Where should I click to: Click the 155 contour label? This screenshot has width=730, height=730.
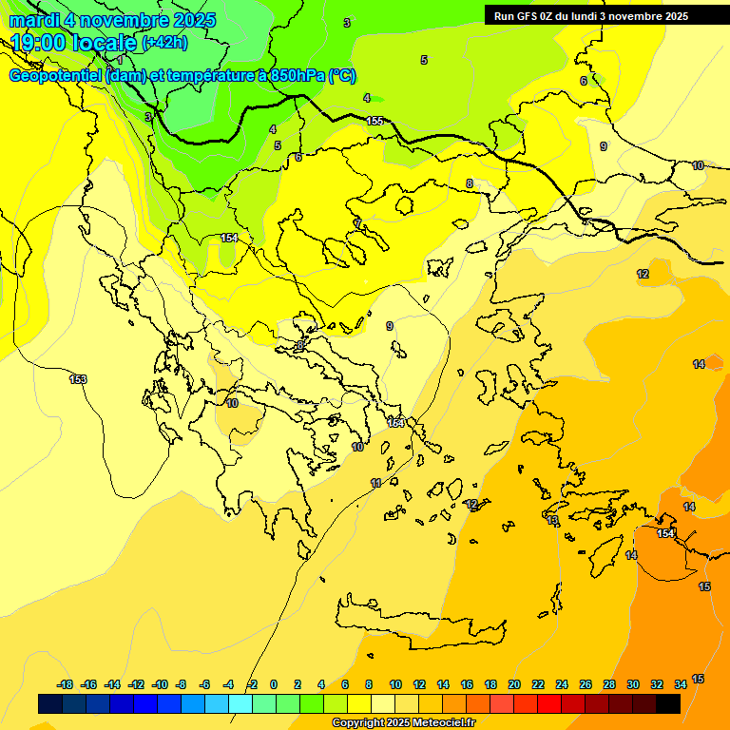[375, 121]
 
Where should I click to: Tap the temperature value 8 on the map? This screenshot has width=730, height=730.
[469, 183]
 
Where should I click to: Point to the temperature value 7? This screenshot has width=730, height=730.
[358, 223]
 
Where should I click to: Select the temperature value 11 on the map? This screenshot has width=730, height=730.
[376, 484]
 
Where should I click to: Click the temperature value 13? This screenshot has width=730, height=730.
[553, 520]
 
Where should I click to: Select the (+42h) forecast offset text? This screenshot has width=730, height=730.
[164, 43]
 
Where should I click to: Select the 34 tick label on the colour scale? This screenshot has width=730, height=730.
[681, 684]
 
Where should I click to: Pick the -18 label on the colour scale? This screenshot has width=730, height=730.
[66, 684]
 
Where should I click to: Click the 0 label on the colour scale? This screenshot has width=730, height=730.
[274, 684]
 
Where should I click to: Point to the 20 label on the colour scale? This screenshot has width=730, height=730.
[514, 684]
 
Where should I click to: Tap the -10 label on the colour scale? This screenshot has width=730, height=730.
[160, 684]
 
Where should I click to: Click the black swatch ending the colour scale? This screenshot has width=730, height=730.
[668, 703]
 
